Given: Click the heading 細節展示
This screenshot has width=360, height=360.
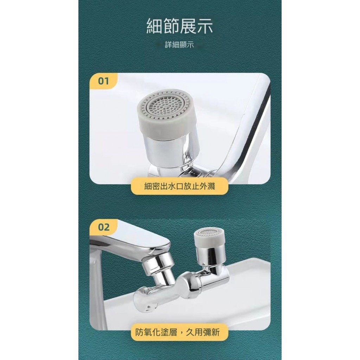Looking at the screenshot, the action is click(x=180, y=26).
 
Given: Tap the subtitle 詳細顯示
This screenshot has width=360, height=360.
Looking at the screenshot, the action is click(x=179, y=45).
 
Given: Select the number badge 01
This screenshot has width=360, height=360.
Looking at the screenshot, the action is click(x=103, y=81).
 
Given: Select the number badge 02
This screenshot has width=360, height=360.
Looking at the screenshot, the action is click(x=104, y=227).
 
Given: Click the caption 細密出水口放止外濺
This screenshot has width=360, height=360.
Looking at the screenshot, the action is click(x=180, y=186).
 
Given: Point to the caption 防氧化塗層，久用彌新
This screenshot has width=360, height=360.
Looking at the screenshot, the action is click(x=178, y=332).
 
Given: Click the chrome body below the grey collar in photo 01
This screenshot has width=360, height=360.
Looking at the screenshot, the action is click(x=170, y=150).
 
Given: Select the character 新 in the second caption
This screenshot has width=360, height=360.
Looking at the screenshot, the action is click(x=216, y=332).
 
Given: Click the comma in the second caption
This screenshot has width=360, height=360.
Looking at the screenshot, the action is click(x=181, y=333).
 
